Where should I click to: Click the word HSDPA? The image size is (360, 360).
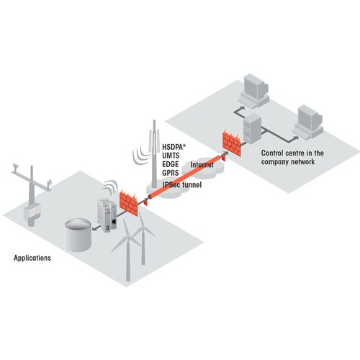point(173,147)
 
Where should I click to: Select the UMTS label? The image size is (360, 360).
point(171,156)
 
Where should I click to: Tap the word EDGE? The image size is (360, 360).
point(171,164)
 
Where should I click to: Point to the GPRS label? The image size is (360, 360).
point(171,173)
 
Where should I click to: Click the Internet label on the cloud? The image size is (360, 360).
point(202,165)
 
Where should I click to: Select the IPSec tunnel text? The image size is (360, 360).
point(182,184)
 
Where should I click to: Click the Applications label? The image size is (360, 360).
point(32,258)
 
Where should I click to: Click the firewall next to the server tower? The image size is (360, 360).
point(232,143)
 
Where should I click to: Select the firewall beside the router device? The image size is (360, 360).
point(128,203)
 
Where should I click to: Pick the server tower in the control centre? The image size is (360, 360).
point(252,128)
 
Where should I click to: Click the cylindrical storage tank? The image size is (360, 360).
point(78,235)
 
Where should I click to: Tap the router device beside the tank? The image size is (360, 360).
point(107,215)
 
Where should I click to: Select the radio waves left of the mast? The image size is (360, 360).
point(140,156)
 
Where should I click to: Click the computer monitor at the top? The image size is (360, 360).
point(256,87)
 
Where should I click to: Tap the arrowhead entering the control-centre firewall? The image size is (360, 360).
point(226,153)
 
